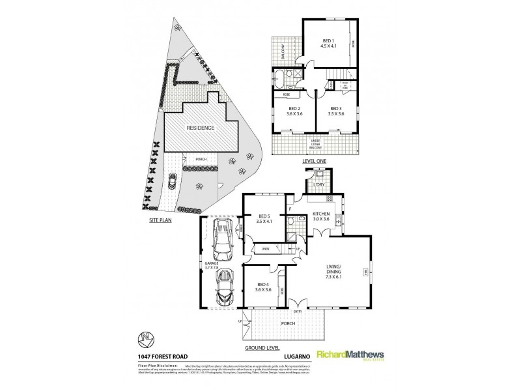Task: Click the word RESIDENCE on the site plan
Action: (x=201, y=128)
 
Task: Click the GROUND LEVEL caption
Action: (x=259, y=348)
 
